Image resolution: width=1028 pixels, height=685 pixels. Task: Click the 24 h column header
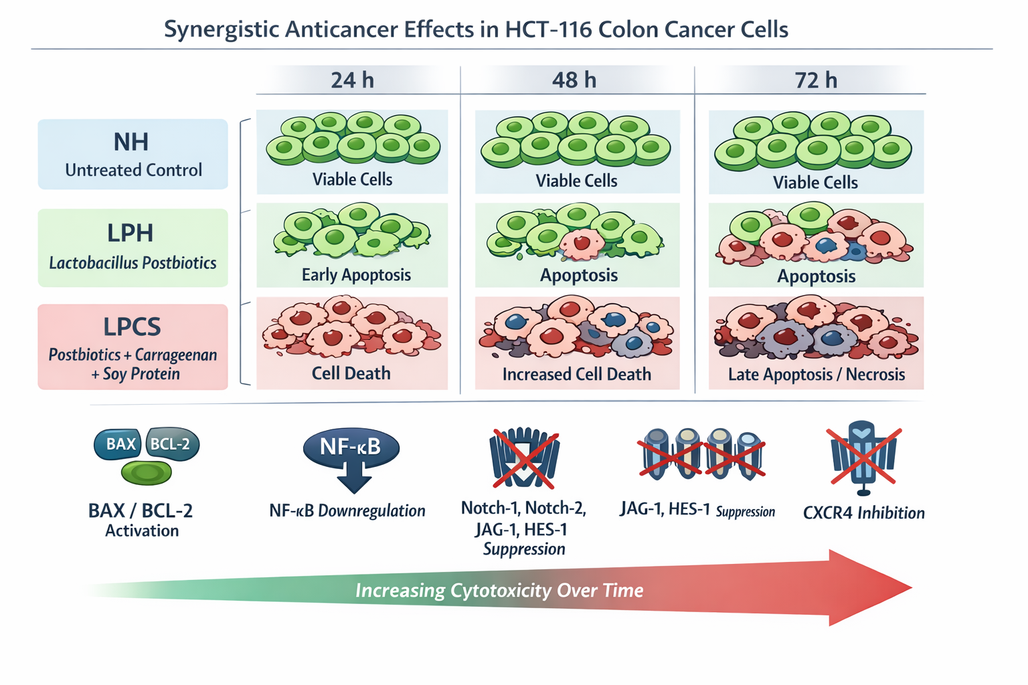pyautogui.click(x=352, y=80)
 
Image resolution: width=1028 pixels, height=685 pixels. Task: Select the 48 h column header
pyautogui.click(x=574, y=80)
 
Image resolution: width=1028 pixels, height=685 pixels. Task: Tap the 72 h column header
pyautogui.click(x=816, y=80)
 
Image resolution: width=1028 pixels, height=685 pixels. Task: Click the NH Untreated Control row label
pyautogui.click(x=133, y=155)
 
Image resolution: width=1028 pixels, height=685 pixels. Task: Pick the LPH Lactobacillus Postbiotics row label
pyautogui.click(x=133, y=248)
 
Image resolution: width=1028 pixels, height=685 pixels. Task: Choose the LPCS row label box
pyautogui.click(x=133, y=347)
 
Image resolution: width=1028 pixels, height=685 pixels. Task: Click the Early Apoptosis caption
pyautogui.click(x=356, y=275)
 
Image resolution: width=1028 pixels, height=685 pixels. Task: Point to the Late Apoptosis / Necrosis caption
pyautogui.click(x=817, y=375)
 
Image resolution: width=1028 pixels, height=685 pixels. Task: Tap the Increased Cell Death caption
pyautogui.click(x=577, y=375)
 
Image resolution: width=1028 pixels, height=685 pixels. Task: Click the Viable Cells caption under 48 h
pyautogui.click(x=576, y=181)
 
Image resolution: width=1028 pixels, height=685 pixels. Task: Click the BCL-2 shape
pyautogui.click(x=171, y=444)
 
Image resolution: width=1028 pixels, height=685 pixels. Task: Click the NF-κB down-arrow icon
pyautogui.click(x=351, y=458)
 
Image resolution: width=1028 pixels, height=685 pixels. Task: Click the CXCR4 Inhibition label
pyautogui.click(x=863, y=513)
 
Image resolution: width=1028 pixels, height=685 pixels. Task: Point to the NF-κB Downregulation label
pyautogui.click(x=347, y=511)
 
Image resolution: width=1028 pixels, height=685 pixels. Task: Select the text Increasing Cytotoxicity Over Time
pyautogui.click(x=499, y=591)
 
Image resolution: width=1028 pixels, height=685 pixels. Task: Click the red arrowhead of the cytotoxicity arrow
pyautogui.click(x=870, y=588)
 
